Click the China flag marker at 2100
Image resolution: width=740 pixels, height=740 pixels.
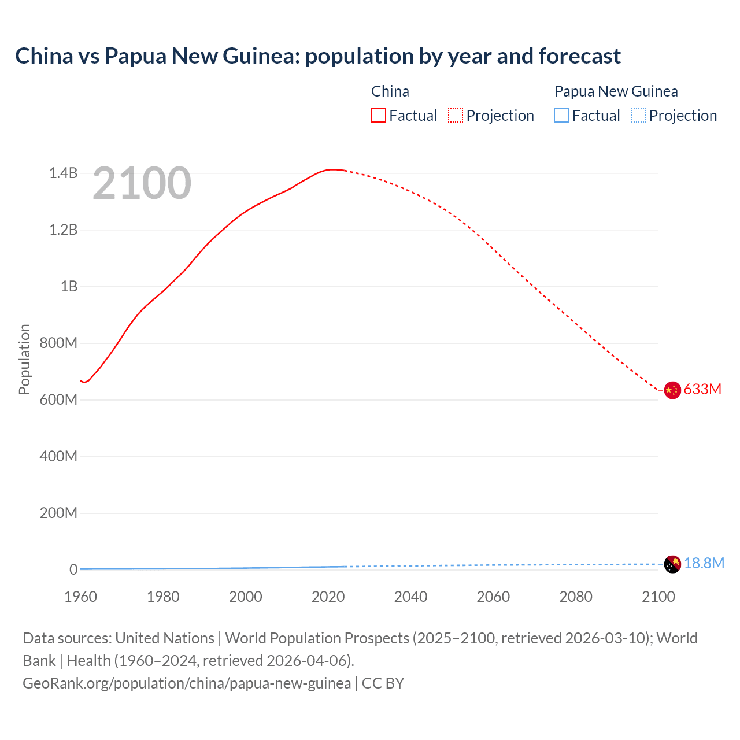point(672,390)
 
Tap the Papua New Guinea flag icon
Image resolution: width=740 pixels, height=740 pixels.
point(672,564)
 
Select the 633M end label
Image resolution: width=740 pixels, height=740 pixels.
point(702,389)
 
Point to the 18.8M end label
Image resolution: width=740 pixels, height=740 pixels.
point(704,563)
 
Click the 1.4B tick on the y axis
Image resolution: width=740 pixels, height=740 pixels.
point(63,173)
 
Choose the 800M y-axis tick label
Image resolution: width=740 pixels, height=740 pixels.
point(58,343)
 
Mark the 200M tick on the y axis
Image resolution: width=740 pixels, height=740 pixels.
point(58,513)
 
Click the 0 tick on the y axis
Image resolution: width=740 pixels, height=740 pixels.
point(73,569)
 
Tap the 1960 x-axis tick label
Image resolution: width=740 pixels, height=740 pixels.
point(80,597)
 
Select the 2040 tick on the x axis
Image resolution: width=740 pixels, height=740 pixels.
point(410,597)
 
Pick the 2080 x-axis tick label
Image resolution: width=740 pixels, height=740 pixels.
point(576,597)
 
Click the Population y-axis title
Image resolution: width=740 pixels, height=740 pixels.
point(24,359)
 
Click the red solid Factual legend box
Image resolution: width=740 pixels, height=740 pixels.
point(378,115)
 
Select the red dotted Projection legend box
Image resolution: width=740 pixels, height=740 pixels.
point(456,115)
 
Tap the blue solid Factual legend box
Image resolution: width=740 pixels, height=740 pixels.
point(561,115)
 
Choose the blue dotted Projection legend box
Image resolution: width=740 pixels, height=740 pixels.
point(638,115)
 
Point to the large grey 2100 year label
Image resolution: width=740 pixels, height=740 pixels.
point(142,183)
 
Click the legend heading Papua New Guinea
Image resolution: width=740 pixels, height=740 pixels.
point(616,91)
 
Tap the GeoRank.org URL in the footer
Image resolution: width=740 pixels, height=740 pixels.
point(187,683)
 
